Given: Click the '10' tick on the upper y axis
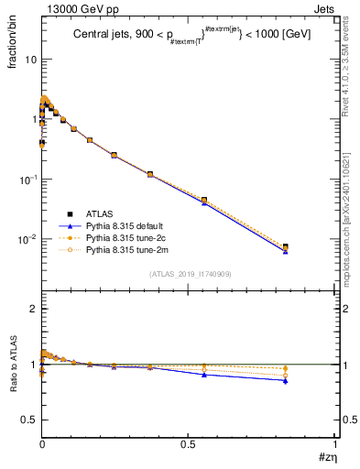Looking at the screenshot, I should coord(29,60).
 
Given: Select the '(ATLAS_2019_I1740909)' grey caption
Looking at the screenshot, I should coord(190,274).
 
